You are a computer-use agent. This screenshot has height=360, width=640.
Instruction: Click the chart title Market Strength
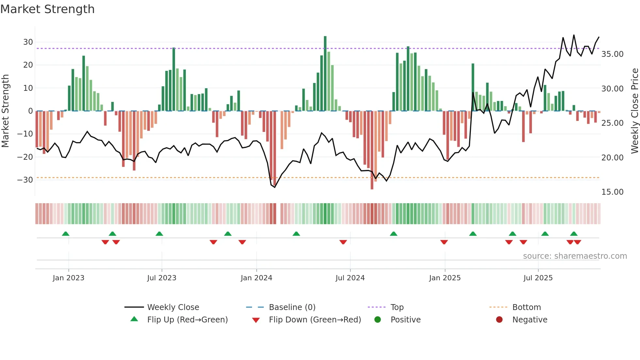pyautogui.click(x=47, y=9)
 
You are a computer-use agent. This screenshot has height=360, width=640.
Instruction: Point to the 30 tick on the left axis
pyautogui.click(x=28, y=42)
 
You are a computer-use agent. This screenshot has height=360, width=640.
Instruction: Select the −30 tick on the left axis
pyautogui.click(x=25, y=180)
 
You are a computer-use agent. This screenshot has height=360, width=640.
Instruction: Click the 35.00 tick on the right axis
pyautogui.click(x=612, y=54)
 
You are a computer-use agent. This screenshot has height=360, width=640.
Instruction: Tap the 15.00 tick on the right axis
pyautogui.click(x=612, y=192)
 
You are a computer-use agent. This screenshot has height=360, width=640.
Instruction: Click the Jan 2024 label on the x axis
pyautogui.click(x=256, y=278)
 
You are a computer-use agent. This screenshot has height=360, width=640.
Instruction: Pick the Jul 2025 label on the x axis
pyautogui.click(x=538, y=278)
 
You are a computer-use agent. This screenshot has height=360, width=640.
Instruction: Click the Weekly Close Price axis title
pyautogui.click(x=634, y=111)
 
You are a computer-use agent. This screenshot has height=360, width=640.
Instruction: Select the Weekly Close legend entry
pyautogui.click(x=173, y=307)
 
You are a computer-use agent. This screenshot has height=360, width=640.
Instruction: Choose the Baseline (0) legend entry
pyautogui.click(x=292, y=307)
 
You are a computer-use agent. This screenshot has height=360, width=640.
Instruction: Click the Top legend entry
pyautogui.click(x=397, y=307)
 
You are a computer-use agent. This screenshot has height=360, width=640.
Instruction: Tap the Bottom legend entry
pyautogui.click(x=526, y=307)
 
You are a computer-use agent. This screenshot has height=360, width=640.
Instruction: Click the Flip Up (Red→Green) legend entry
pyautogui.click(x=187, y=320)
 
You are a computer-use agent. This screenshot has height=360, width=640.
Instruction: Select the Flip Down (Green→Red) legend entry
pyautogui.click(x=315, y=320)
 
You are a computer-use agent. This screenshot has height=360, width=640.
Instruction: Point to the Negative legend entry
pyautogui.click(x=530, y=320)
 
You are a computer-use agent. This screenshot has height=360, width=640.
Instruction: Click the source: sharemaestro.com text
pyautogui.click(x=575, y=256)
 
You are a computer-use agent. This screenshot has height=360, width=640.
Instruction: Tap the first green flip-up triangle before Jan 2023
pyautogui.click(x=66, y=234)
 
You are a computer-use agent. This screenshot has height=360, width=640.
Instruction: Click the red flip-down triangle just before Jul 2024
pyautogui.click(x=343, y=242)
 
